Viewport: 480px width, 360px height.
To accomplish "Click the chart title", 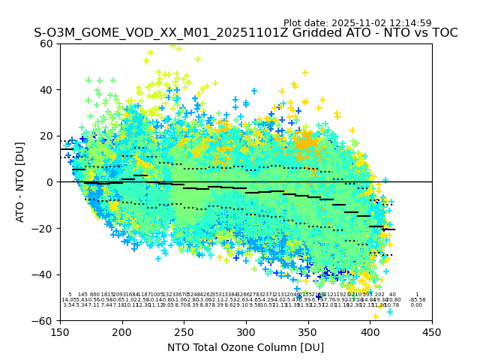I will pos(245,34).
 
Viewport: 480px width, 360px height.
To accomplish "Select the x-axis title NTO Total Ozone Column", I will pos(245,347).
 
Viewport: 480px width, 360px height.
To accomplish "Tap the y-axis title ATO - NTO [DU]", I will pos(21,181).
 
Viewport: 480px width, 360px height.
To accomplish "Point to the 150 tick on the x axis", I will pos(60,332).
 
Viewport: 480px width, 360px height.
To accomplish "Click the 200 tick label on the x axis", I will pos(122,332).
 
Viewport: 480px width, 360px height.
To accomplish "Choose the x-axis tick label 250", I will pos(184,332).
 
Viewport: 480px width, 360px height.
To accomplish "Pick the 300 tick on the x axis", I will pos(246,332).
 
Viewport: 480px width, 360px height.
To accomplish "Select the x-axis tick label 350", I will pos(307,332).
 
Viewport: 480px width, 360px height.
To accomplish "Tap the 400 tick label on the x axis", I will pos(370,332).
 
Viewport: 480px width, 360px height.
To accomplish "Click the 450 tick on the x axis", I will pos(431,332).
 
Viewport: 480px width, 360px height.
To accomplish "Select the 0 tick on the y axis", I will pos(51,182).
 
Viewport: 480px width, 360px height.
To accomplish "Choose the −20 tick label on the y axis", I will pos(45,228).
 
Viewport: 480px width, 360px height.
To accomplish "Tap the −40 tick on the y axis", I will pos(45,274).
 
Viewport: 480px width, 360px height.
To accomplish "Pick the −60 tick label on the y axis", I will pos(45,320).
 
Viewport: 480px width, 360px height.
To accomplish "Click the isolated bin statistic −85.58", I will pos(417,300).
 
